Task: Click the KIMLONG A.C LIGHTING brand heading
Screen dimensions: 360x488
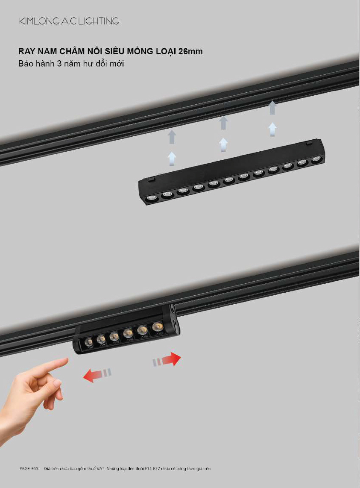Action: pyautogui.click(x=69, y=21)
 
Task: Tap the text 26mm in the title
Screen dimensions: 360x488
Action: pyautogui.click(x=190, y=51)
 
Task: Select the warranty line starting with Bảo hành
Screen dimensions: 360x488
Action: pyautogui.click(x=71, y=64)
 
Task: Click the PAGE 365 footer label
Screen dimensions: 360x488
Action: pyautogui.click(x=29, y=468)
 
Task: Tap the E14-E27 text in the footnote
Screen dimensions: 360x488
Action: pyautogui.click(x=152, y=468)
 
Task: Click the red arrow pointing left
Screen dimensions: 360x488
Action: pyautogui.click(x=97, y=375)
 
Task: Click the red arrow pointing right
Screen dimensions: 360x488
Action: pyautogui.click(x=167, y=359)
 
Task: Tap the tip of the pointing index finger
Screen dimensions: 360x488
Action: pyautogui.click(x=66, y=360)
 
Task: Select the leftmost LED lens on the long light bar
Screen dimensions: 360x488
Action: pyautogui.click(x=151, y=198)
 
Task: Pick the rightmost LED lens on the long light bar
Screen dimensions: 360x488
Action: pyautogui.click(x=316, y=159)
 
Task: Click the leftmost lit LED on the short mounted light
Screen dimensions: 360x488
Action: pyautogui.click(x=88, y=342)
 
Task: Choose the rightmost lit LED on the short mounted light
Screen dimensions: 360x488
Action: pyautogui.click(x=157, y=326)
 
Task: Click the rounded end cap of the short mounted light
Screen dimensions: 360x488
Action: pyautogui.click(x=174, y=320)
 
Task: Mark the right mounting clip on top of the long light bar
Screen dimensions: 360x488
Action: pyautogui.click(x=309, y=143)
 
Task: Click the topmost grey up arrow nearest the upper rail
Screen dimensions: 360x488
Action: pyautogui.click(x=272, y=108)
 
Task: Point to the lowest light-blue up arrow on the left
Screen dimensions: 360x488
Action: pyautogui.click(x=172, y=159)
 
